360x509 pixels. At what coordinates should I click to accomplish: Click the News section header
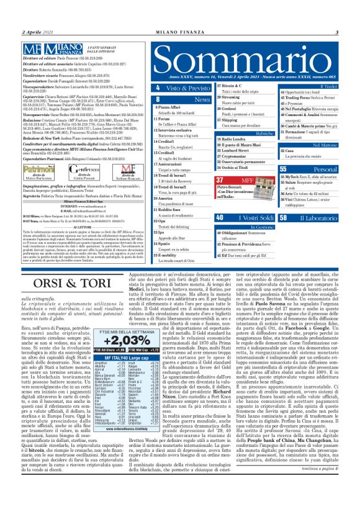click(x=202, y=99)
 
